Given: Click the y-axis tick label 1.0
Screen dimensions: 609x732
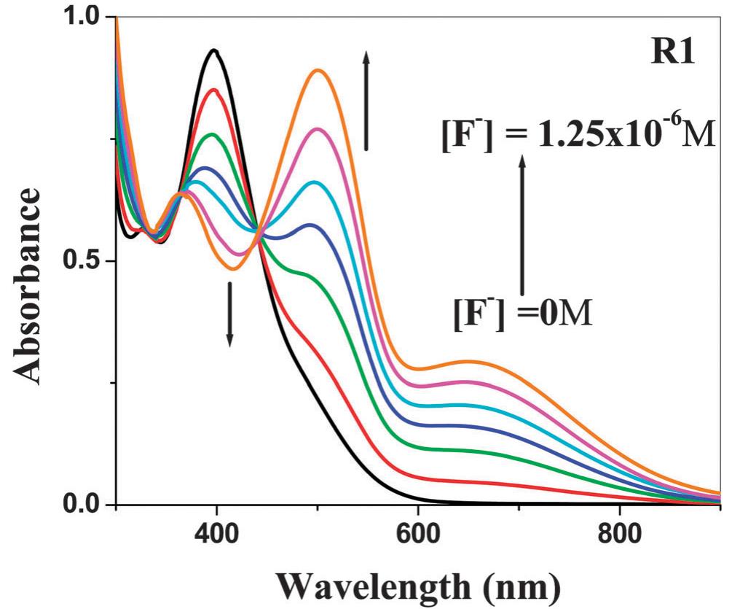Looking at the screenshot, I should click(x=87, y=17).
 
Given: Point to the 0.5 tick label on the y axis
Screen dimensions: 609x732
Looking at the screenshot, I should click(x=87, y=261).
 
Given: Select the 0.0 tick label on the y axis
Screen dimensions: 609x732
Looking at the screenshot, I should click(x=87, y=505).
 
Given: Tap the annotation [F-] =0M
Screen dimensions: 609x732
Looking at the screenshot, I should click(x=522, y=317).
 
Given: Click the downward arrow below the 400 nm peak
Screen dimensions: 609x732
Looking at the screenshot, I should click(x=229, y=314).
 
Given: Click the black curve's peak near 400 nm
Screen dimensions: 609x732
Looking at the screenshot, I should click(x=214, y=50).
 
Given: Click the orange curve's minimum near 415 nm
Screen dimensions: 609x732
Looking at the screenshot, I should click(x=232, y=269).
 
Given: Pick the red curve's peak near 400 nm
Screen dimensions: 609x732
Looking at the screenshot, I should click(x=215, y=90).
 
